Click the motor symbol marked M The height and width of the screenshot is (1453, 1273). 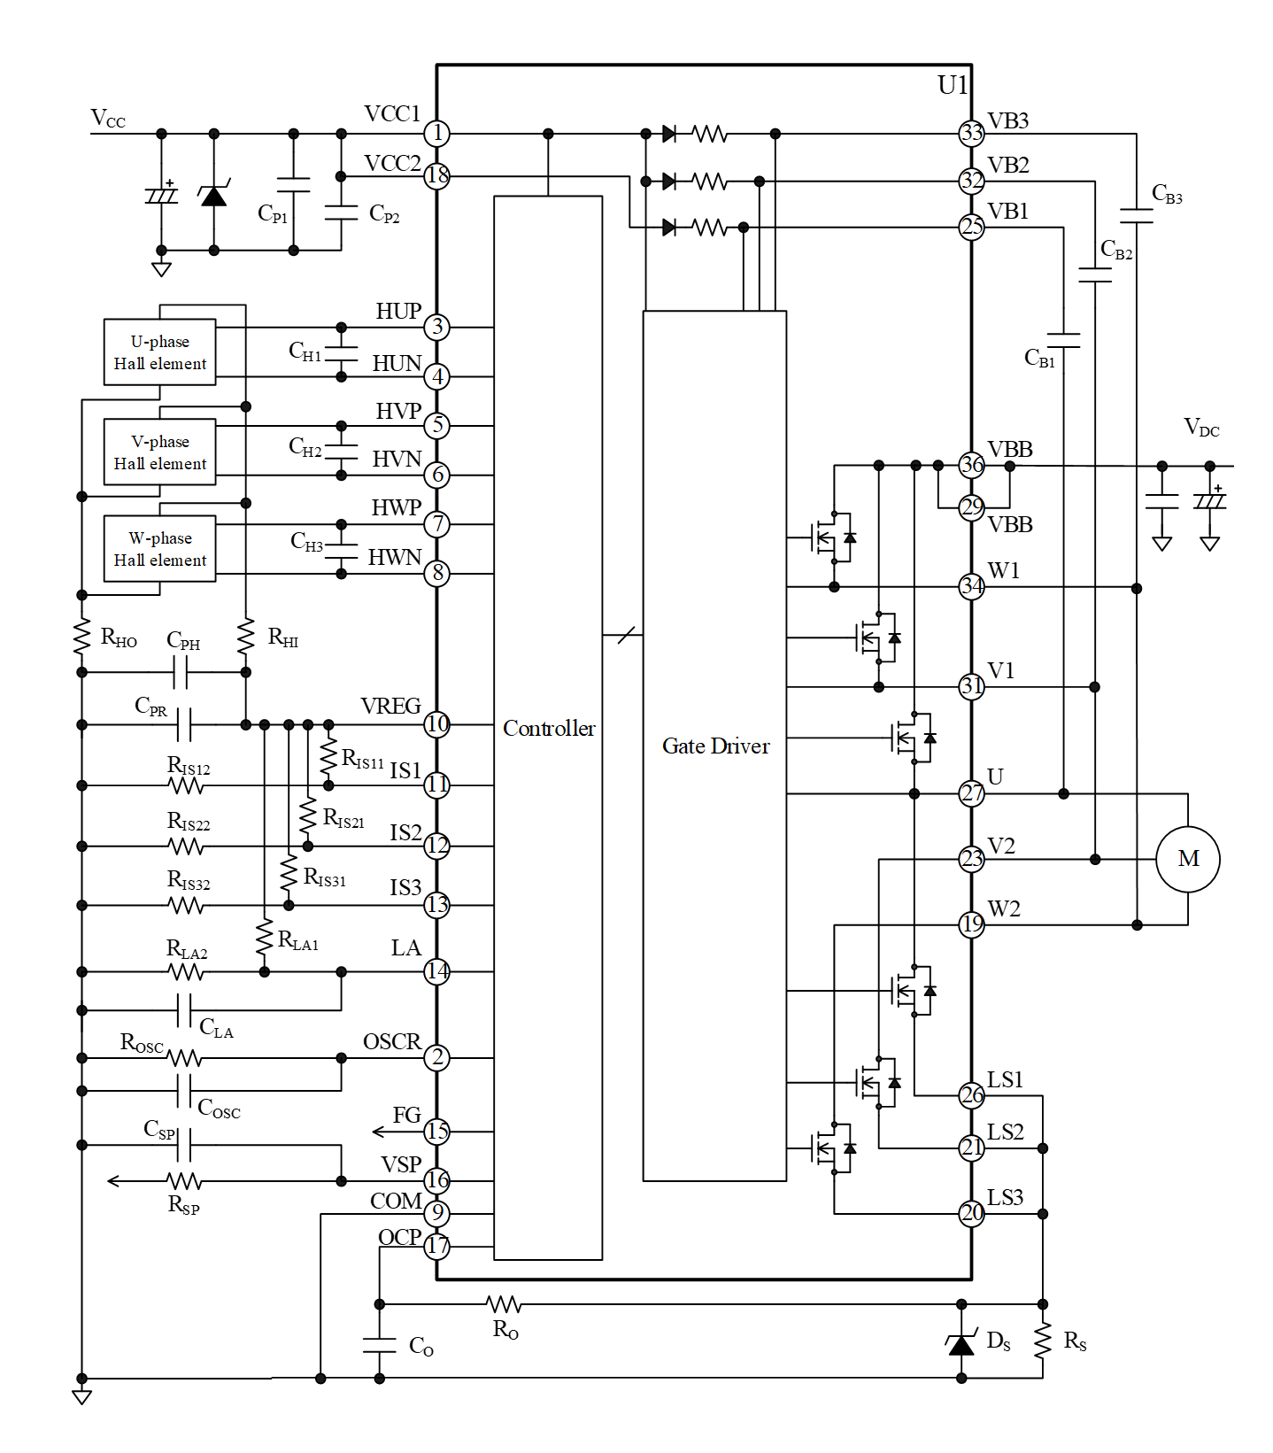coord(1187,859)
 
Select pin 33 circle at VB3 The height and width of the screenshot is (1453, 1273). coord(971,134)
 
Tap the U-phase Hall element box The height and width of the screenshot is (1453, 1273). coord(160,352)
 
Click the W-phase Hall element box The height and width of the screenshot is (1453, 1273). coord(160,549)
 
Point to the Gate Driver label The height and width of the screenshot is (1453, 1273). coord(715,746)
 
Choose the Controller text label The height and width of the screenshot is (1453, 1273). coord(549,729)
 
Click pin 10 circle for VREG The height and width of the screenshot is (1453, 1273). coord(437,724)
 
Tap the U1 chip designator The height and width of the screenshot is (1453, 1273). coord(953,85)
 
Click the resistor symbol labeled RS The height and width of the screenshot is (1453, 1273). coord(1043,1341)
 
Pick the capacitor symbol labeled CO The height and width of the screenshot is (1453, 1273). coord(380,1345)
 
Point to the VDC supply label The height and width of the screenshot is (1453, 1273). coord(1201,429)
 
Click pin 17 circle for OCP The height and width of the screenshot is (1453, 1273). coord(437,1246)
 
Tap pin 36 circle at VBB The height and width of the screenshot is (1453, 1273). coord(971,465)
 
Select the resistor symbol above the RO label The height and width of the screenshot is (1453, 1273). coord(504,1304)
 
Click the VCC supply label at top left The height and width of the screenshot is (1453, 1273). coord(108,120)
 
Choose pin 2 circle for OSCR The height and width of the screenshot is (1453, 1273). coord(437,1057)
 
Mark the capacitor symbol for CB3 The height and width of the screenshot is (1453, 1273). coord(1136,216)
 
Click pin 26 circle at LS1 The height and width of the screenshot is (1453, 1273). coord(971,1095)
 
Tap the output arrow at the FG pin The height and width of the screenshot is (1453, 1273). coord(379,1132)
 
